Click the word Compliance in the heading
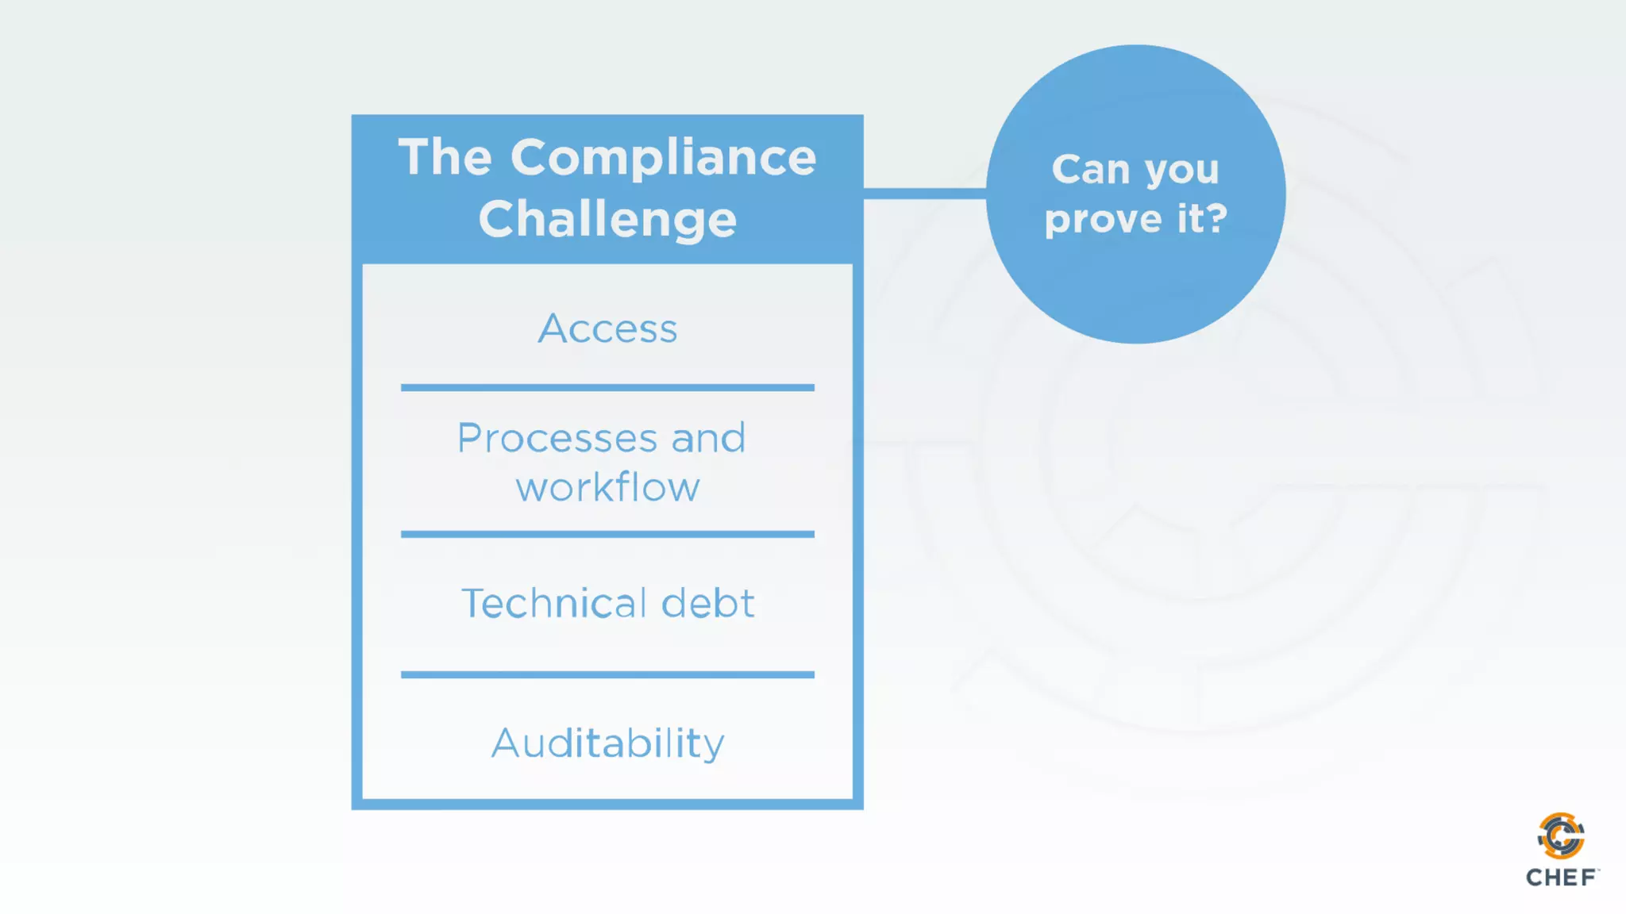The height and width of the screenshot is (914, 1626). [663, 157]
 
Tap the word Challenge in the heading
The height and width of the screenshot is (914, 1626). [607, 219]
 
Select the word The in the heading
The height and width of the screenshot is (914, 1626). [445, 157]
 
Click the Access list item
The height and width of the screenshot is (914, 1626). [607, 328]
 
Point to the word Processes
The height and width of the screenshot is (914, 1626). [557, 438]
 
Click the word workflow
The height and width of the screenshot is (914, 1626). [607, 487]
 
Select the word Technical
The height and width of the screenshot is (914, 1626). [553, 603]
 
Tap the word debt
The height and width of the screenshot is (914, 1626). [707, 603]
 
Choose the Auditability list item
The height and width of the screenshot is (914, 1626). [607, 743]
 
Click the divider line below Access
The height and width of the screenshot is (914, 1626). [607, 388]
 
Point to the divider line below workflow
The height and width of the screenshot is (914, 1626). [607, 535]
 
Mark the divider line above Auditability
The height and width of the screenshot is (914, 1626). [607, 674]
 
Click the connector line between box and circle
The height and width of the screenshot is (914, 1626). [924, 194]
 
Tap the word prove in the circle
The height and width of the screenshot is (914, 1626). [1104, 219]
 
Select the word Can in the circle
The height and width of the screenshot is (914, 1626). [1090, 169]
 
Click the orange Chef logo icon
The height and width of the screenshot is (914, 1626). [1561, 835]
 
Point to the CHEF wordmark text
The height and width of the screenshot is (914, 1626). [1561, 878]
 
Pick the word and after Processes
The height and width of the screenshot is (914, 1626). [708, 438]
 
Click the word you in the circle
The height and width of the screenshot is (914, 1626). [1181, 171]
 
